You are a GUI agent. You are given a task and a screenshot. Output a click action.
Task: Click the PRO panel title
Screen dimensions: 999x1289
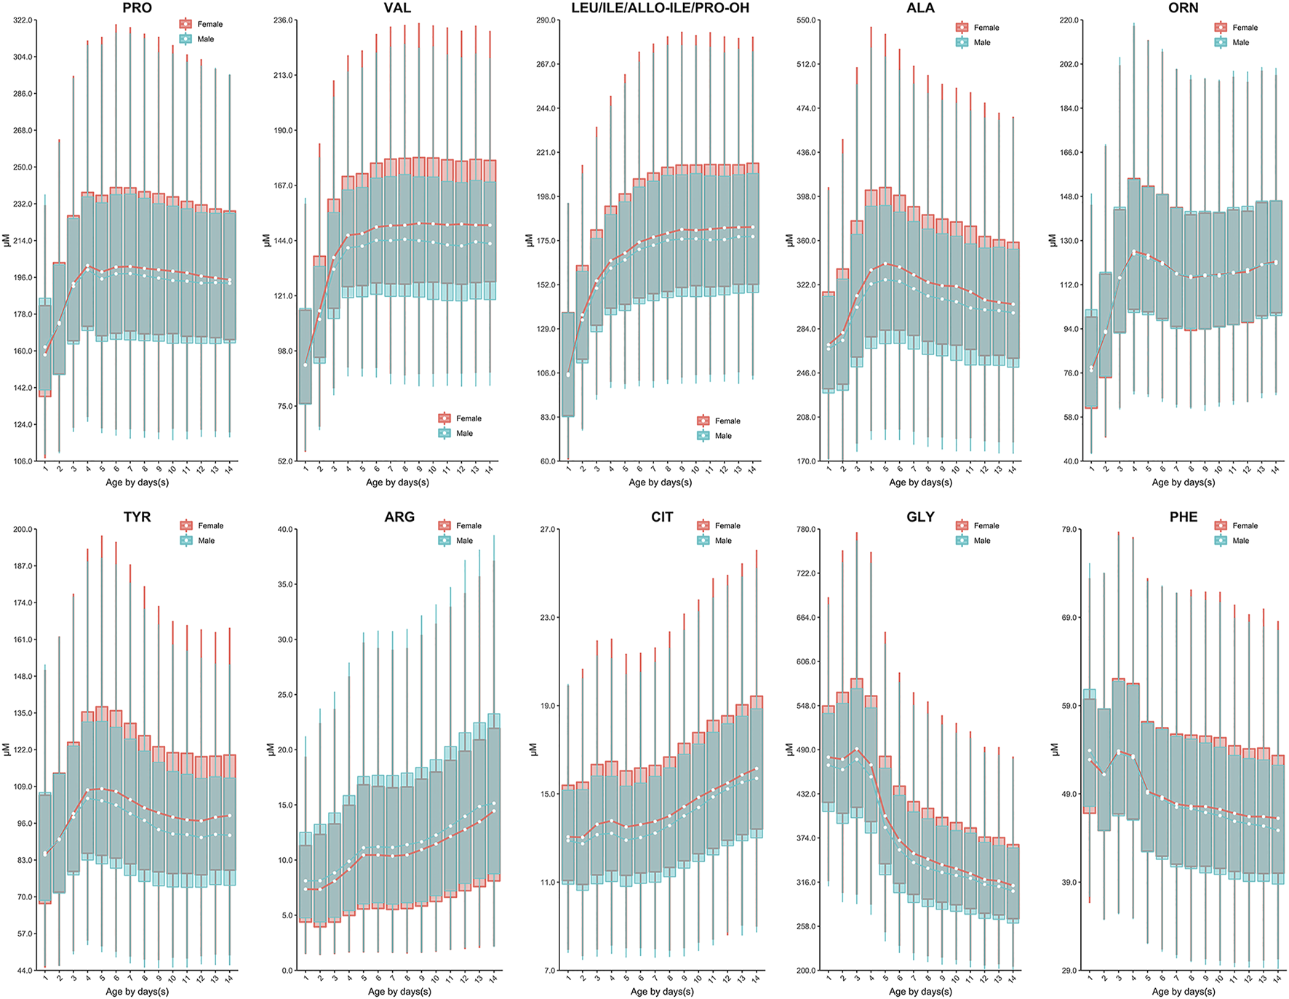tap(137, 8)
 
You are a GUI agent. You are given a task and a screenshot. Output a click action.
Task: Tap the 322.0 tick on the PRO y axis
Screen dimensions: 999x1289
tap(23, 20)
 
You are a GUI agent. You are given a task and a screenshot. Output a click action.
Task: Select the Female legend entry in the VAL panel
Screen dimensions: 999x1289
tap(468, 418)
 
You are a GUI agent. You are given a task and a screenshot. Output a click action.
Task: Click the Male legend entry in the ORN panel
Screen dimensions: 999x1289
tap(1240, 42)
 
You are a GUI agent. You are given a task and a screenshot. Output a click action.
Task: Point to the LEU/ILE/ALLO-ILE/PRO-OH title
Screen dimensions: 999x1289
tap(660, 8)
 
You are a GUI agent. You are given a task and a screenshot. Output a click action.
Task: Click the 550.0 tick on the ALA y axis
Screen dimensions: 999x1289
tap(807, 20)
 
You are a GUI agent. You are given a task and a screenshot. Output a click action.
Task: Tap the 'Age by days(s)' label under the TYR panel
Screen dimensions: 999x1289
tap(137, 991)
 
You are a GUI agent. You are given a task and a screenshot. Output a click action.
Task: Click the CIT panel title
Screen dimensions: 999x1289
tap(661, 517)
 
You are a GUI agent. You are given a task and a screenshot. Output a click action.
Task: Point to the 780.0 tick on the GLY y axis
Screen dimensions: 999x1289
tap(807, 530)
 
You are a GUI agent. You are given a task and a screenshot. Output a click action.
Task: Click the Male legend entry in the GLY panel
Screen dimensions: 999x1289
tap(981, 541)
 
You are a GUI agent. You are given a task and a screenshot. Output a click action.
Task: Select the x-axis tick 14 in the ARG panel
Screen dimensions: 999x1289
tap(492, 979)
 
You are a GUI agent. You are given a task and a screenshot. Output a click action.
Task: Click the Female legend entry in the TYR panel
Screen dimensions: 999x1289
tap(210, 525)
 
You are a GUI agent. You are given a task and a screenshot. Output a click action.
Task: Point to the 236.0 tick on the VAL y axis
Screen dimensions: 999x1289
tap(284, 20)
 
